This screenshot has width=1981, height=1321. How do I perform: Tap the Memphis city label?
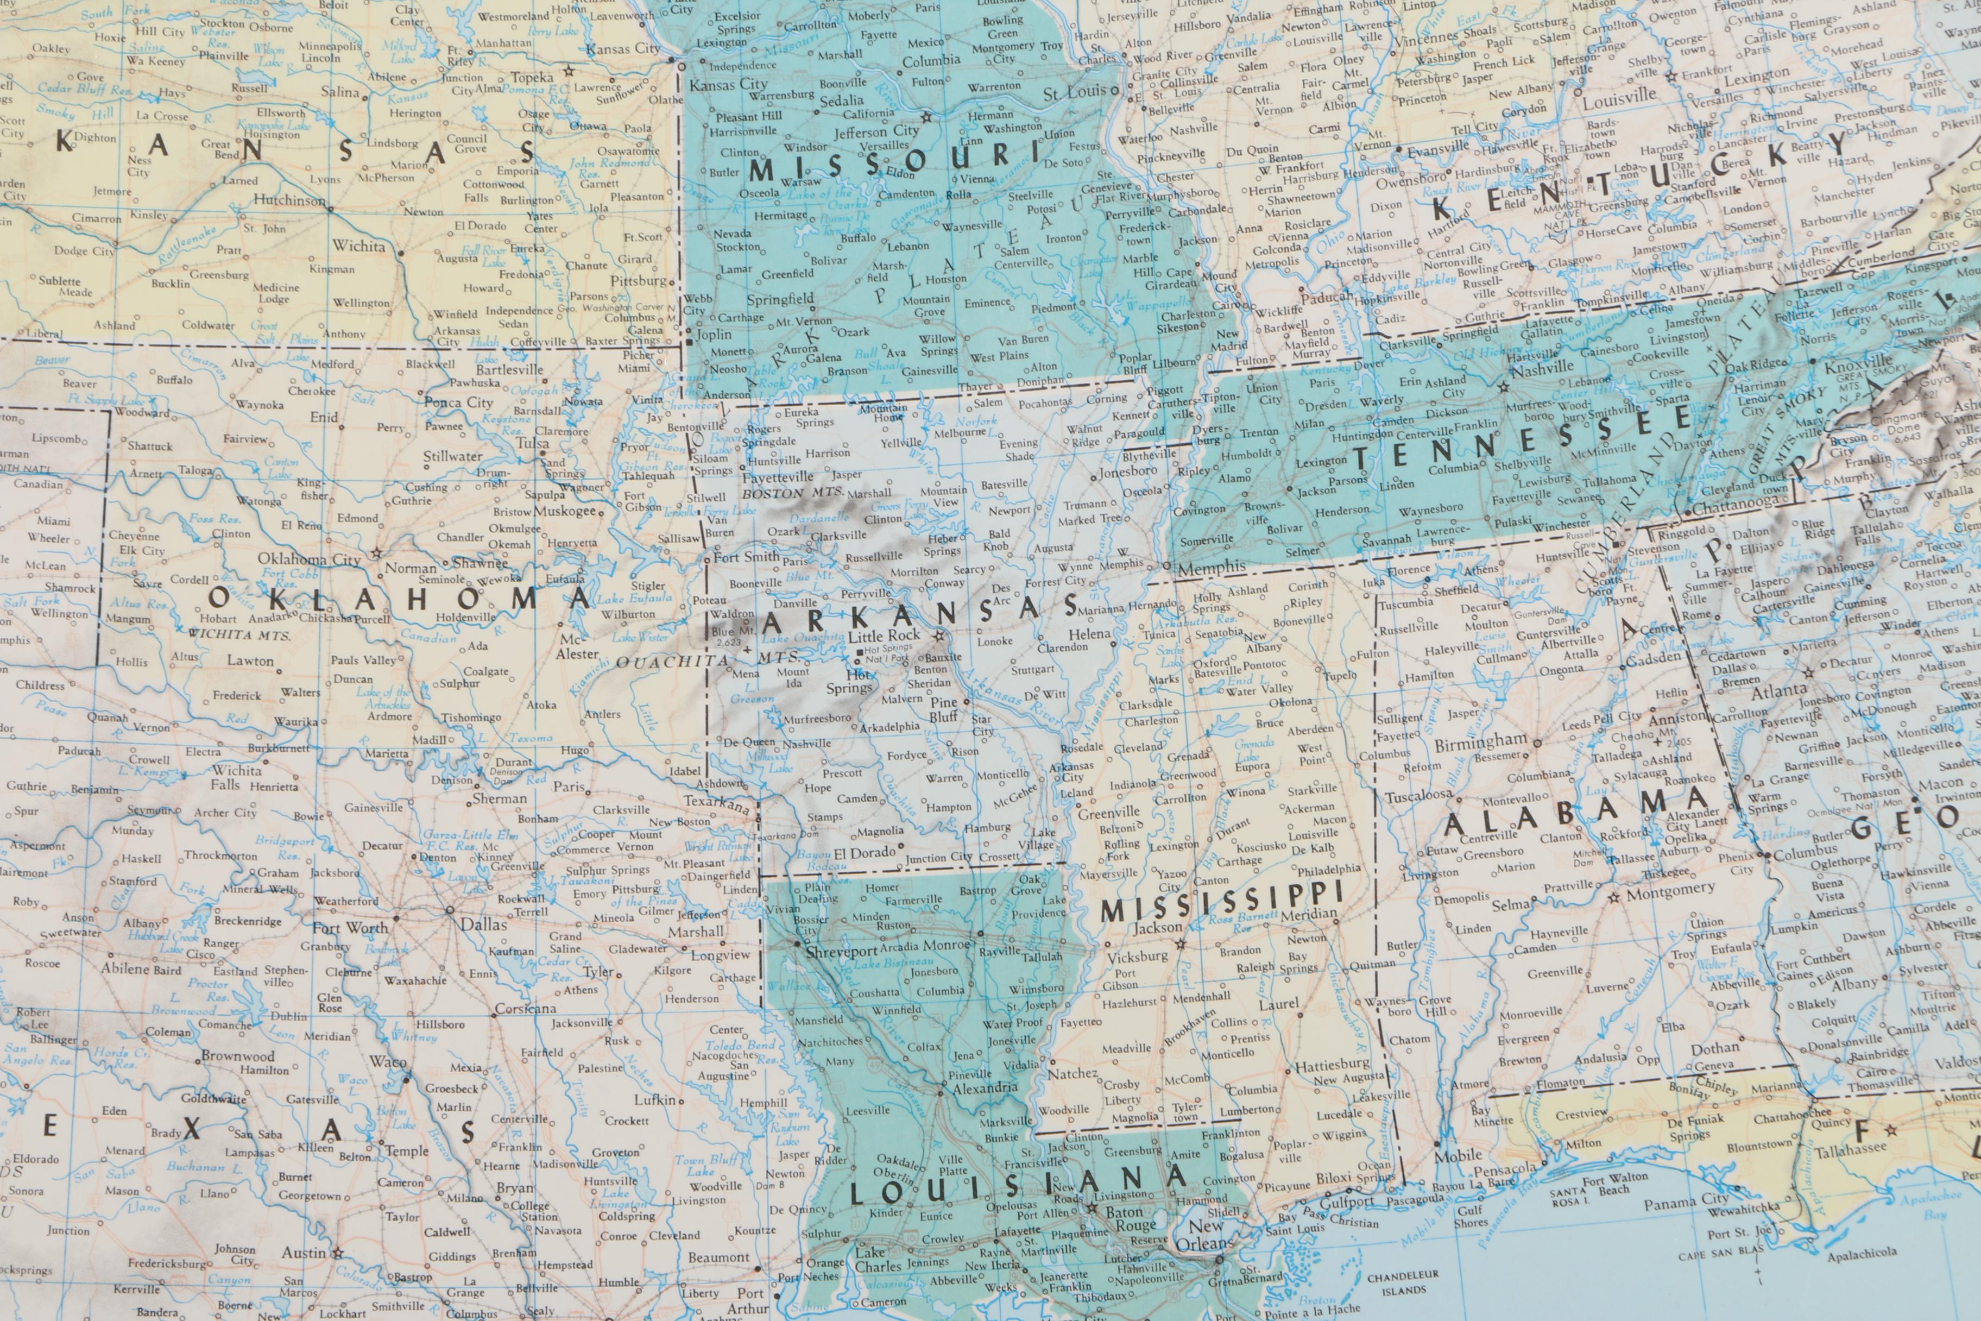pyautogui.click(x=1211, y=569)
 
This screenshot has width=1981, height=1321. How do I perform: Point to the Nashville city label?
pyautogui.click(x=1541, y=368)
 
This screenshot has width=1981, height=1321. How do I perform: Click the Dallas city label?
pyautogui.click(x=483, y=924)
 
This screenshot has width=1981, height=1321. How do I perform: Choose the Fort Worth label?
pyautogui.click(x=350, y=928)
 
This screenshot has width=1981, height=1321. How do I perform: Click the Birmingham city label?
pyautogui.click(x=1480, y=741)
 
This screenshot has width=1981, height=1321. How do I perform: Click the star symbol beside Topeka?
pyautogui.click(x=569, y=72)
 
